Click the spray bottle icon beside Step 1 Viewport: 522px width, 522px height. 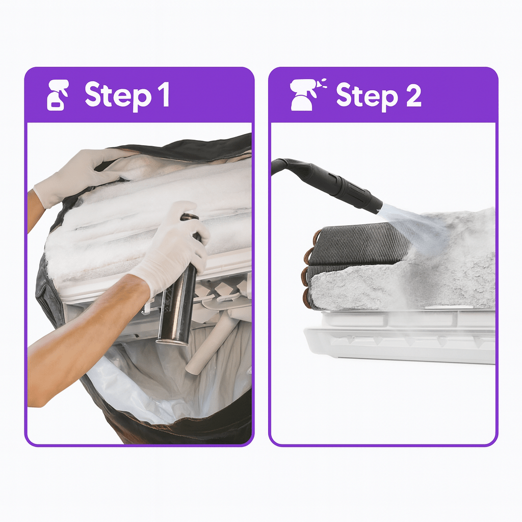click(x=58, y=95)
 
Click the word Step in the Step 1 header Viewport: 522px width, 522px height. click(x=118, y=95)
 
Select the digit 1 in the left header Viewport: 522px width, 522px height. click(x=164, y=94)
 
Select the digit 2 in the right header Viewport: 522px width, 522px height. click(x=413, y=95)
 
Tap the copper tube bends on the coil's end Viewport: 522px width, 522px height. click(x=309, y=270)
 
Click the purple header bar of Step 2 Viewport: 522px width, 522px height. click(x=383, y=95)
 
